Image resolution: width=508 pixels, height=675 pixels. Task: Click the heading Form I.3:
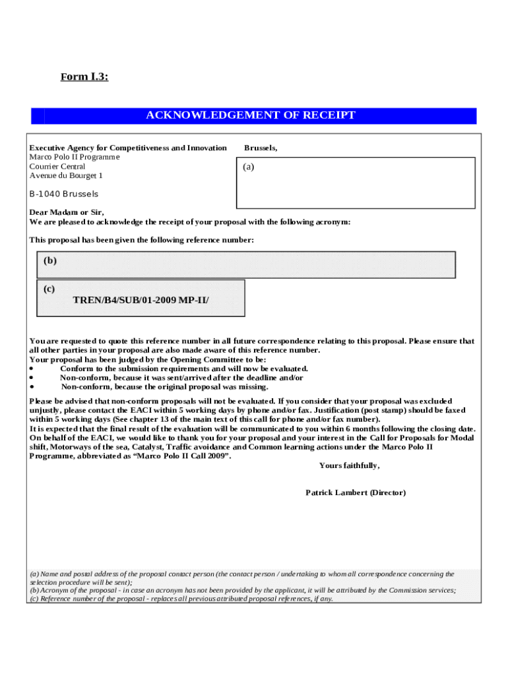(84, 77)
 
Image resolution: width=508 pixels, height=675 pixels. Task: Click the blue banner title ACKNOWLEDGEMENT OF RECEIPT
(251, 115)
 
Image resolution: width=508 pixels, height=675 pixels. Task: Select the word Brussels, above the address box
(261, 148)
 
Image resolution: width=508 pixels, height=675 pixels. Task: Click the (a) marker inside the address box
(248, 167)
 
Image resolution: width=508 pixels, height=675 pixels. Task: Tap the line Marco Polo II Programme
(75, 158)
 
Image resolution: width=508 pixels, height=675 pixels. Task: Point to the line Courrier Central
(57, 167)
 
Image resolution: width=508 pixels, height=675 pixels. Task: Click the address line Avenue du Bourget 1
(66, 176)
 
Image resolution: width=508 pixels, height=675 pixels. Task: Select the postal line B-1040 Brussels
(64, 194)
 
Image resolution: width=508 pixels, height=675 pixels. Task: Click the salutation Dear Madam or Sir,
(67, 212)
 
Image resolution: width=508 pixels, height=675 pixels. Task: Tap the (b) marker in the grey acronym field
(50, 260)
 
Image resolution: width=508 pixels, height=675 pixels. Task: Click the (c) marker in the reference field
(49, 289)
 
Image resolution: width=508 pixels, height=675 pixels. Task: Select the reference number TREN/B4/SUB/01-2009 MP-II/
(141, 301)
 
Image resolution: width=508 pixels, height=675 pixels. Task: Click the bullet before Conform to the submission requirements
(32, 369)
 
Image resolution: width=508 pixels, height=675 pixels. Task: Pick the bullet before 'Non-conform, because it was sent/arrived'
(32, 378)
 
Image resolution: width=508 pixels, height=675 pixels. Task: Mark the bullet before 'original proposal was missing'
(32, 388)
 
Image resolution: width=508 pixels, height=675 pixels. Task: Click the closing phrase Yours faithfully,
(349, 465)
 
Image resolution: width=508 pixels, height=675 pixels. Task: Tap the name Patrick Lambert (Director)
(356, 493)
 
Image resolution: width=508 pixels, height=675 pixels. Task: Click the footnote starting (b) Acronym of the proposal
(243, 591)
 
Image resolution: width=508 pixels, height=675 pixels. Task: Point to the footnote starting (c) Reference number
(181, 599)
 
